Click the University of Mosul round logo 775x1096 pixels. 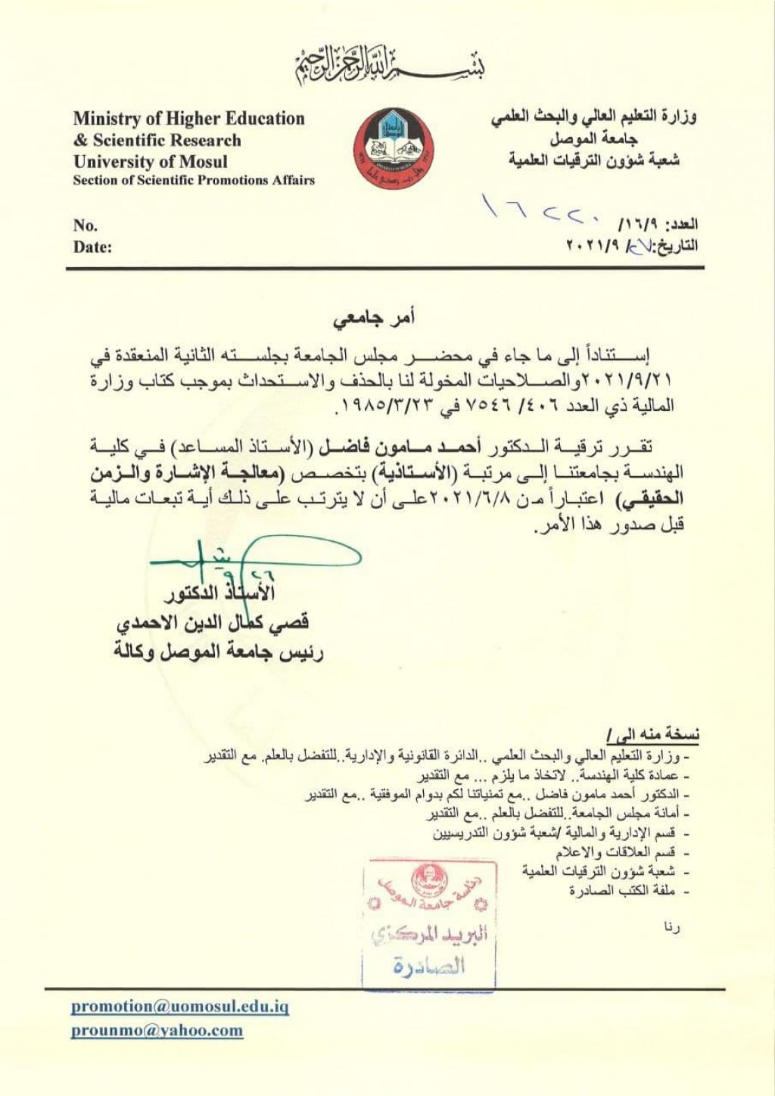tap(388, 148)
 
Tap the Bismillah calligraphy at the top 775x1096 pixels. tap(389, 64)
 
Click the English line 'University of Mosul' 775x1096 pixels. tap(150, 161)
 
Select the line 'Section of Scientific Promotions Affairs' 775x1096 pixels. tap(194, 180)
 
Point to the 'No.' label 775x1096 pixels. tap(85, 225)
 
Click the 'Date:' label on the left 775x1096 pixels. tap(92, 247)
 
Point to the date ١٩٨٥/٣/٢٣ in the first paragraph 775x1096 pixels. tap(383, 405)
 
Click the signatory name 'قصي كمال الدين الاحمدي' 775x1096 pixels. tap(212, 622)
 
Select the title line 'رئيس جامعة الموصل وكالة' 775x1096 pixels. tap(219, 651)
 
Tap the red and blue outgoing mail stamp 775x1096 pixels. tap(429, 925)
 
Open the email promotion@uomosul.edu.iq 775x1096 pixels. tap(180, 1006)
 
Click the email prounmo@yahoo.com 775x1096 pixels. tap(157, 1029)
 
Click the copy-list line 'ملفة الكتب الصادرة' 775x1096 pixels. tap(622, 891)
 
